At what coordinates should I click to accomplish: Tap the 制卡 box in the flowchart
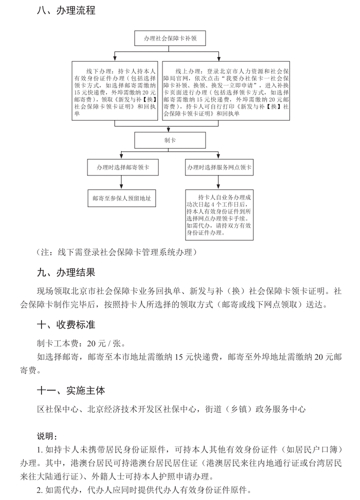coord(169,140)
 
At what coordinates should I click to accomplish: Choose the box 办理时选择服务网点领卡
coord(219,167)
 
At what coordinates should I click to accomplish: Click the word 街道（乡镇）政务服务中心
coord(255,409)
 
